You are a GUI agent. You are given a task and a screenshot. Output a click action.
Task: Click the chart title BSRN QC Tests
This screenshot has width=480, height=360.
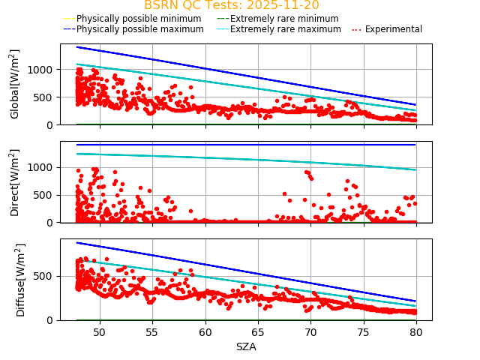click(231, 5)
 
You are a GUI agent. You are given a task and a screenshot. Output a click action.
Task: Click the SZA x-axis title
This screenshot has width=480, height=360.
click(246, 346)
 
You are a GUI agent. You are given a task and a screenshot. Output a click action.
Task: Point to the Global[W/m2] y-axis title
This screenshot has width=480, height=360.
click(15, 84)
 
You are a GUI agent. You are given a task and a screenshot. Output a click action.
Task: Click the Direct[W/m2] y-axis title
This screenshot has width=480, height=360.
click(15, 182)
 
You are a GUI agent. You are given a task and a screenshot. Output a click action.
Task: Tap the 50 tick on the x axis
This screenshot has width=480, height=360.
click(98, 332)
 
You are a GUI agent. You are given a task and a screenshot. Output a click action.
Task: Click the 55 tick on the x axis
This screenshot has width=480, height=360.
click(151, 332)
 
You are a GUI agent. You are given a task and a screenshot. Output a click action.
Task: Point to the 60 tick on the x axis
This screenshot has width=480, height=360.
click(205, 332)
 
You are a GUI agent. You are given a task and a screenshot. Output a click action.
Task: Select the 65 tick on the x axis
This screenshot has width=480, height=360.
click(258, 332)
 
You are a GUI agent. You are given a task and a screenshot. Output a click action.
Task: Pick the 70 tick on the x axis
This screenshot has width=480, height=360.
click(310, 332)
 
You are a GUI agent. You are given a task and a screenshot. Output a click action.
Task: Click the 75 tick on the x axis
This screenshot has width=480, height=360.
click(364, 332)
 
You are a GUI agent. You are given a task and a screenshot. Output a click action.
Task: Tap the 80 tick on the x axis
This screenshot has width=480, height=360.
click(416, 332)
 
